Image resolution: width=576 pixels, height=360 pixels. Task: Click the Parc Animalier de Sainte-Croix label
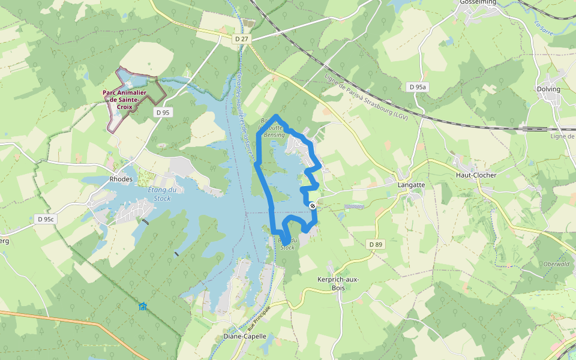coord(125,100)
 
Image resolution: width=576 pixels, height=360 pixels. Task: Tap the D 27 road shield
coord(241,39)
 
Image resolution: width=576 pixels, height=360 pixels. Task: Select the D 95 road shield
coord(163,112)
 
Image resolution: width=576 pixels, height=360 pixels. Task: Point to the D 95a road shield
coord(418,87)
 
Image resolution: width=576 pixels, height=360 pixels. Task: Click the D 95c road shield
coord(44,219)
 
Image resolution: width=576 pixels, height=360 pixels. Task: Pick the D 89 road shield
coord(376,244)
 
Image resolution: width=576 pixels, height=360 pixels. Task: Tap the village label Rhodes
coord(121,179)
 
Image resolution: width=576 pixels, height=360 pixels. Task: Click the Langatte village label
coord(411,185)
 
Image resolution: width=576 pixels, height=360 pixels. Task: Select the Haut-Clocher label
coord(476,175)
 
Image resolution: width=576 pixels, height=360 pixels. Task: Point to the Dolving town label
coord(548,89)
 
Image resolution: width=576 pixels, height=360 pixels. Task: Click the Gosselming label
coord(478,2)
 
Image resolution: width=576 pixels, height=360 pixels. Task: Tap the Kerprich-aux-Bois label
coord(339,284)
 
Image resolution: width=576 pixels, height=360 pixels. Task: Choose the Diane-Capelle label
coord(244,337)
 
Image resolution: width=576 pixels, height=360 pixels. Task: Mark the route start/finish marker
coord(313,206)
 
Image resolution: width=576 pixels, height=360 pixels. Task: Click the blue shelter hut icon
coord(142,307)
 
